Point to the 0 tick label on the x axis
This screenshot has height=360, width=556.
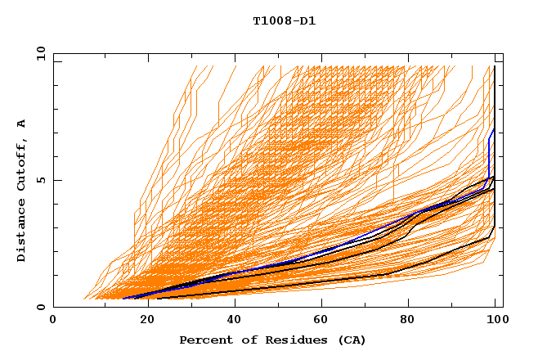pos(53,321)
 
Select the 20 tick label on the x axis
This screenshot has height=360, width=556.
pos(142,321)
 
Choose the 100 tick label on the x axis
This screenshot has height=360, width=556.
pos(496,321)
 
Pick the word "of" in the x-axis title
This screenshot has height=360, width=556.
pos(242,340)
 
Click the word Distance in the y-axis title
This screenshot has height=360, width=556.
pos(21,229)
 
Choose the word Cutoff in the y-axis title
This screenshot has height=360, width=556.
pos(21,164)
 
